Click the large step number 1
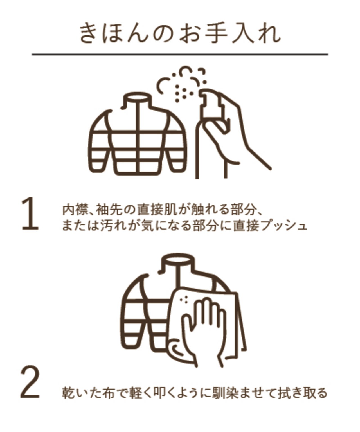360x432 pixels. (x=30, y=213)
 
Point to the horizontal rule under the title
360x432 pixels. (x=180, y=54)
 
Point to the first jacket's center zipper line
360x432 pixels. (x=138, y=137)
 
